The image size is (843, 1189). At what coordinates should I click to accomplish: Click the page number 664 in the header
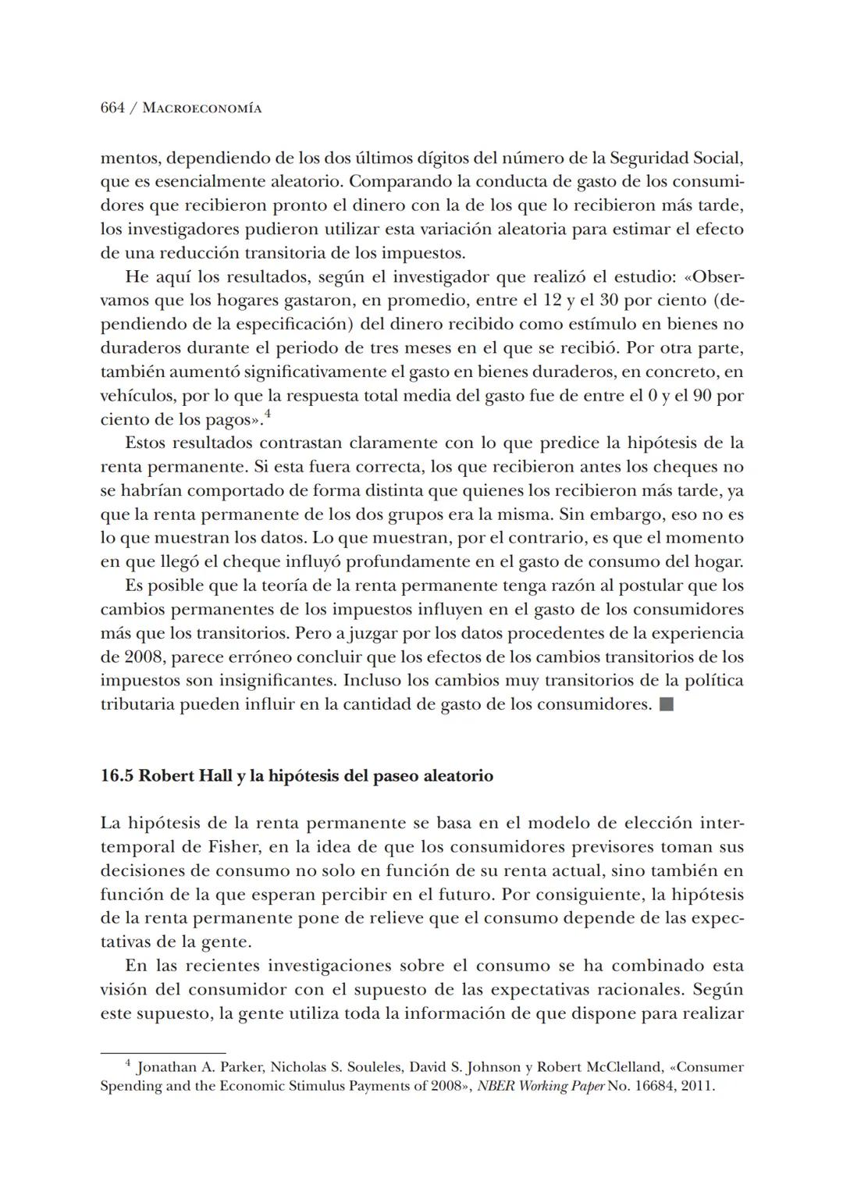112,109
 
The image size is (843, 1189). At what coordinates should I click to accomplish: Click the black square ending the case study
666,704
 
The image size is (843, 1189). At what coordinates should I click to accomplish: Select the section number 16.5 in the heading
117,776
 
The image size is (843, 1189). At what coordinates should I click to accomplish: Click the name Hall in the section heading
215,776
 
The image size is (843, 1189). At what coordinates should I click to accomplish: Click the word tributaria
137,704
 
